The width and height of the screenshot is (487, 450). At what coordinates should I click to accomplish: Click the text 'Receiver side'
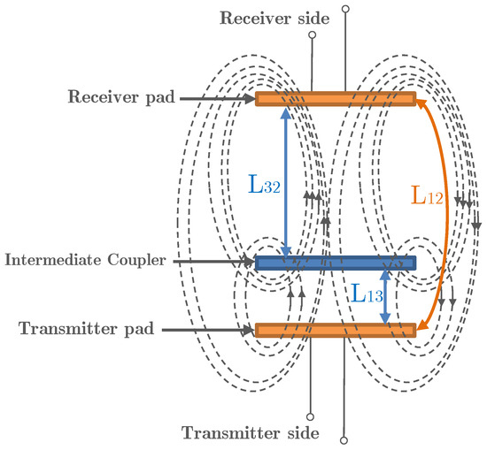click(x=263, y=19)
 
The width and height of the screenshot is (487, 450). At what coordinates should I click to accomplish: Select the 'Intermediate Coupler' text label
click(x=86, y=261)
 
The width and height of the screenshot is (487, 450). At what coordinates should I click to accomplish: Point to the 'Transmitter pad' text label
click(x=87, y=328)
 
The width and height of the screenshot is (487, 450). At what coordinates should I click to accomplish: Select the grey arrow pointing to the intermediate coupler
click(x=213, y=263)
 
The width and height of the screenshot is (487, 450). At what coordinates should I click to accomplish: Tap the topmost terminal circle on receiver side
click(x=344, y=8)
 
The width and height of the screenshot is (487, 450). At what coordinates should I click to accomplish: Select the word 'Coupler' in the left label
click(x=139, y=261)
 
